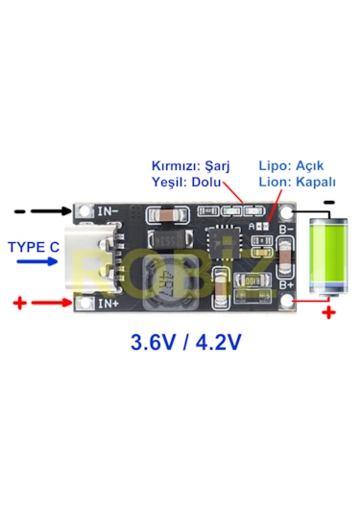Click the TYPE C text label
(35, 247)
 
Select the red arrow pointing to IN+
(50, 304)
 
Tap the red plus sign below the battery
(328, 312)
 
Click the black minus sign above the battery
(329, 201)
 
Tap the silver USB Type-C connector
(96, 257)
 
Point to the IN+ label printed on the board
(108, 305)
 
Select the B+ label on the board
(285, 284)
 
